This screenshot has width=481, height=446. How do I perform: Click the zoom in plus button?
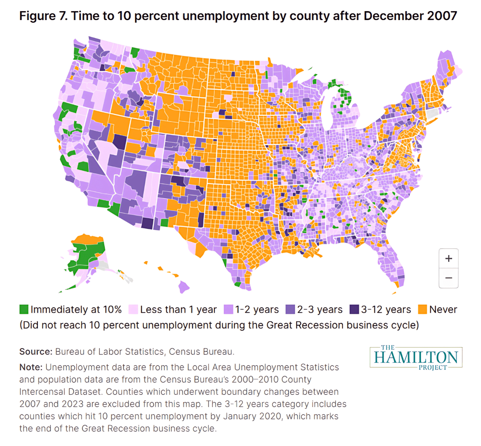tap(448, 259)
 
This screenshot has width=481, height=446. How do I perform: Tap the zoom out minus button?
tap(448, 278)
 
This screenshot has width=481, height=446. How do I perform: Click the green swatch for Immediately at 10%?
tap(24, 309)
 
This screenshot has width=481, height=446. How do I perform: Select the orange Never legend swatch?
tap(422, 309)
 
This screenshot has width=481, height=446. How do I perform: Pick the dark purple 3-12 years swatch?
tap(354, 309)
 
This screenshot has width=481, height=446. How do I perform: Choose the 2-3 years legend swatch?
tap(290, 309)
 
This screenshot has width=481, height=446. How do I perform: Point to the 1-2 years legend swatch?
tap(229, 309)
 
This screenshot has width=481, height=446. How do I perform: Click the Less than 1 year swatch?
tap(133, 309)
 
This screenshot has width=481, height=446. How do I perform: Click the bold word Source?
tap(36, 352)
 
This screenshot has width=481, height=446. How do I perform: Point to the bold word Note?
tap(31, 367)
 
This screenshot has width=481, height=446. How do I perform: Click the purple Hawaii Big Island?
tap(184, 286)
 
